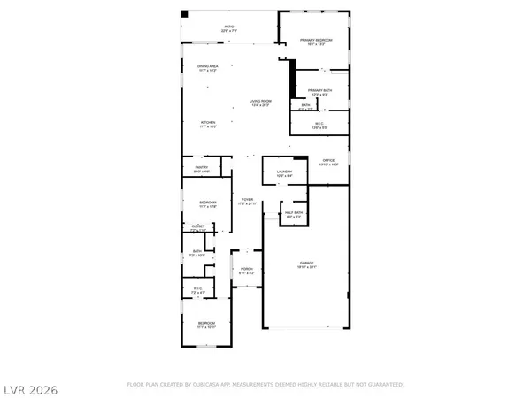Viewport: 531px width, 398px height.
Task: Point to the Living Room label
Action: (258, 103)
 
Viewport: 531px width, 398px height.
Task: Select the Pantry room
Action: (201, 169)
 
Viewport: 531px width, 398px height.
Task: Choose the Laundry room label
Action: (283, 173)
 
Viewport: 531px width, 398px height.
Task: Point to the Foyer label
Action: (249, 202)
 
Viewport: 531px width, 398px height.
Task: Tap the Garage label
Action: (305, 265)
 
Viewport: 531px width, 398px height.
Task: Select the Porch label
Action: (247, 272)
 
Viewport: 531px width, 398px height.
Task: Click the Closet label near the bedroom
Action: (198, 227)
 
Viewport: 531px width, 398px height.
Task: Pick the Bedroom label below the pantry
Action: (207, 204)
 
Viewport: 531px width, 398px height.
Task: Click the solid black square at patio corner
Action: (184, 13)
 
